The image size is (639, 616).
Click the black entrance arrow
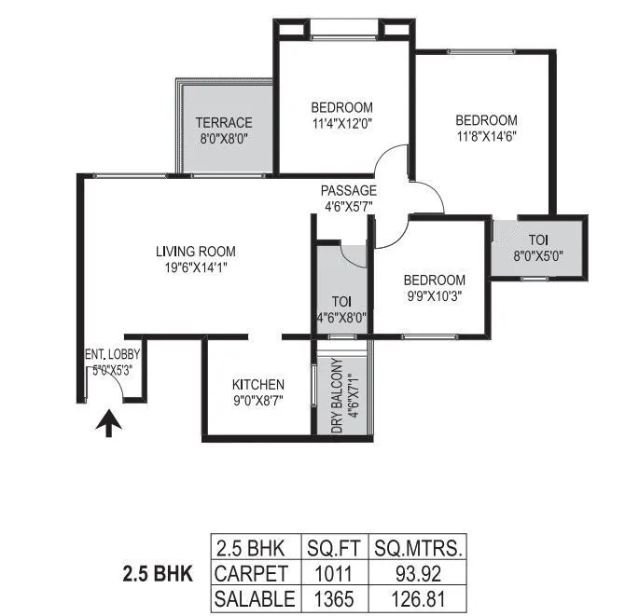pyautogui.click(x=109, y=425)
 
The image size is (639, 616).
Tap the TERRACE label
pyautogui.click(x=224, y=123)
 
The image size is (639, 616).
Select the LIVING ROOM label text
pyautogui.click(x=195, y=251)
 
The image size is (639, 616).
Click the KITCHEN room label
pyautogui.click(x=258, y=384)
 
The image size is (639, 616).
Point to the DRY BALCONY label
pyautogui.click(x=338, y=395)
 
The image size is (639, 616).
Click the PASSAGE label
pyautogui.click(x=350, y=191)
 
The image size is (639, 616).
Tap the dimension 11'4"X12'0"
pyautogui.click(x=342, y=122)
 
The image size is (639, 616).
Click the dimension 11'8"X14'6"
pyautogui.click(x=486, y=135)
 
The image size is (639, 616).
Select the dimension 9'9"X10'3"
pyautogui.click(x=434, y=296)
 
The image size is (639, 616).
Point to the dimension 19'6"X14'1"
pyautogui.click(x=195, y=267)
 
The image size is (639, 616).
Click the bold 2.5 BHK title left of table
pyautogui.click(x=157, y=572)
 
